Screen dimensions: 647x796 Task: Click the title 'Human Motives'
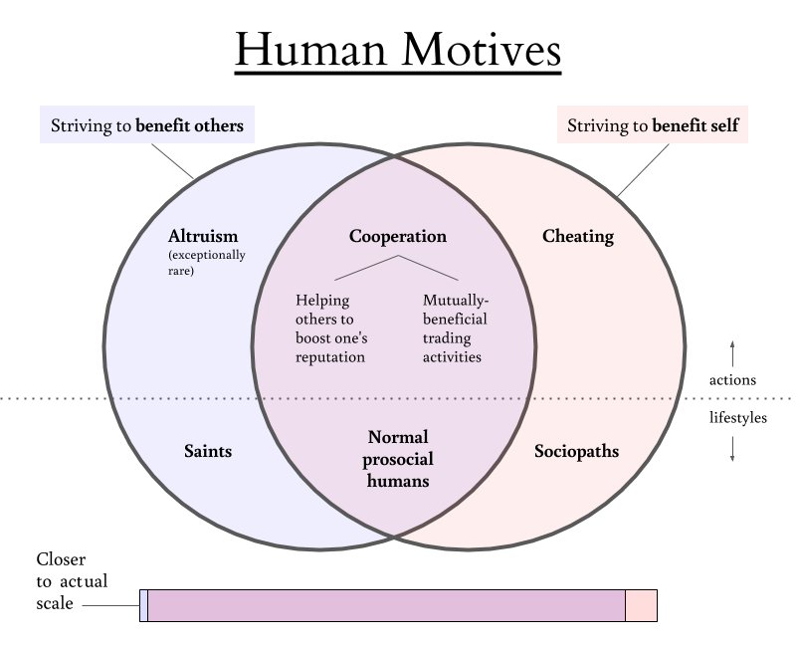point(398,50)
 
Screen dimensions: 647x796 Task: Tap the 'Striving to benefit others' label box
point(147,126)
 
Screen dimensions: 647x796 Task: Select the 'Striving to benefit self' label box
point(653,126)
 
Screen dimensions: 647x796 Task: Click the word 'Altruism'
point(204,237)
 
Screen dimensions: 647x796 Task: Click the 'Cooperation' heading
point(398,237)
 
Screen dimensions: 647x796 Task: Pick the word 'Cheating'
point(578,237)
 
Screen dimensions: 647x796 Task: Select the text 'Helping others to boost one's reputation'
point(330,327)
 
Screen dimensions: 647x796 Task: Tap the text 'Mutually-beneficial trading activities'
point(456,327)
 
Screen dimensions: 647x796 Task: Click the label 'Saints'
point(208,451)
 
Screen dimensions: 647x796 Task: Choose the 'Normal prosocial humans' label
point(398,459)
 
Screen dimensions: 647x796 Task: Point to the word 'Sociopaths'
point(577,451)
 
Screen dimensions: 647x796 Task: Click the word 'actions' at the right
point(732,380)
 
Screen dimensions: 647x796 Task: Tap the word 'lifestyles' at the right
point(738,418)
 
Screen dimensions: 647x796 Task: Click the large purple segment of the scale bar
point(386,605)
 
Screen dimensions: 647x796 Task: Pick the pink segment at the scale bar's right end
point(641,605)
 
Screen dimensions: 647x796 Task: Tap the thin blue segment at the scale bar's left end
point(144,605)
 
